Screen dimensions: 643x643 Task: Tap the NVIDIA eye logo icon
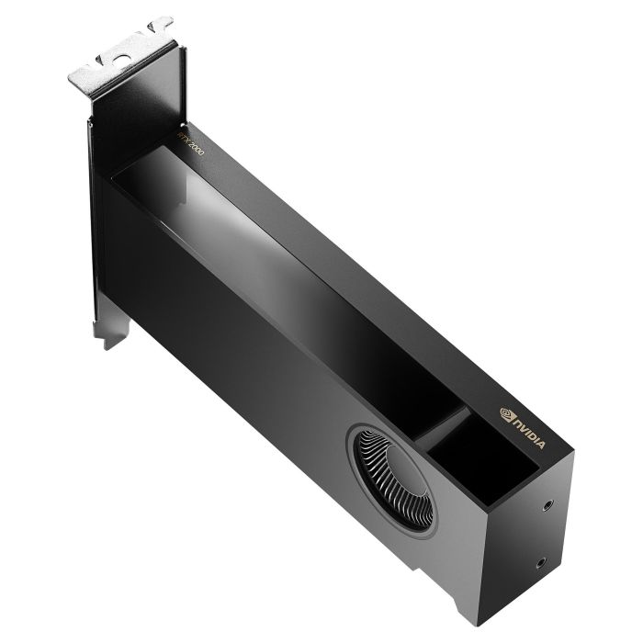[506, 414]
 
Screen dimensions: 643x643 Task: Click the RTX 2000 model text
[190, 143]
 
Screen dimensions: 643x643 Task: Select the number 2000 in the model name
[195, 148]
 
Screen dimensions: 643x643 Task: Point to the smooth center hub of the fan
[407, 470]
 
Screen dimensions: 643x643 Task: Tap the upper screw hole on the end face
[547, 505]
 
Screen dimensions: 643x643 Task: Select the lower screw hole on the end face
[541, 564]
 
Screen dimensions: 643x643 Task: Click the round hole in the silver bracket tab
[122, 59]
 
